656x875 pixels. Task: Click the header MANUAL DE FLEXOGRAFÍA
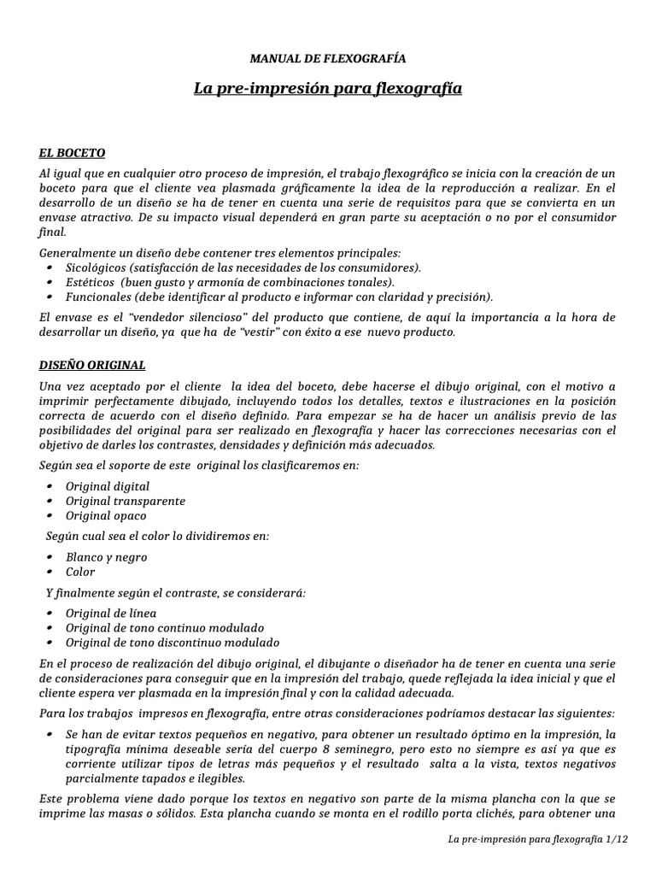click(328, 59)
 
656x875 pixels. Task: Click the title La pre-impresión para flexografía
click(328, 88)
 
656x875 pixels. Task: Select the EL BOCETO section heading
click(72, 153)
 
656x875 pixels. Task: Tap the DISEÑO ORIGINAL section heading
click(92, 365)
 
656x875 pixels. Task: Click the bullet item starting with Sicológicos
click(243, 267)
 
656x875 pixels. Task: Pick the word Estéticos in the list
click(92, 282)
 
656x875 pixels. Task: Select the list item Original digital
click(107, 486)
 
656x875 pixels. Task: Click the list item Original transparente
click(126, 501)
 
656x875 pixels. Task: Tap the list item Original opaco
click(106, 515)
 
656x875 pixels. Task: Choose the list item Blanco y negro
click(107, 557)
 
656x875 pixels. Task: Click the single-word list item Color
click(81, 572)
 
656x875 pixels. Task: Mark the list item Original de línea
click(111, 614)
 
